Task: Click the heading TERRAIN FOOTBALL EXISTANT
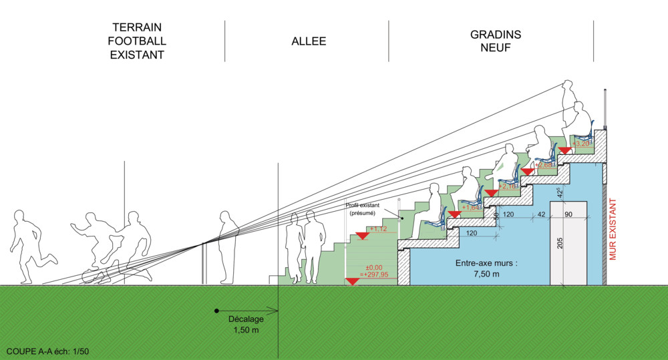138,41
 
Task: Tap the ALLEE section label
309,41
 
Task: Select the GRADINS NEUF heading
496,41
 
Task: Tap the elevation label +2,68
545,164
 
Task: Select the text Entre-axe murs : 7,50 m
488,268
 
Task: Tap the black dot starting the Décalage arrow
216,311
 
